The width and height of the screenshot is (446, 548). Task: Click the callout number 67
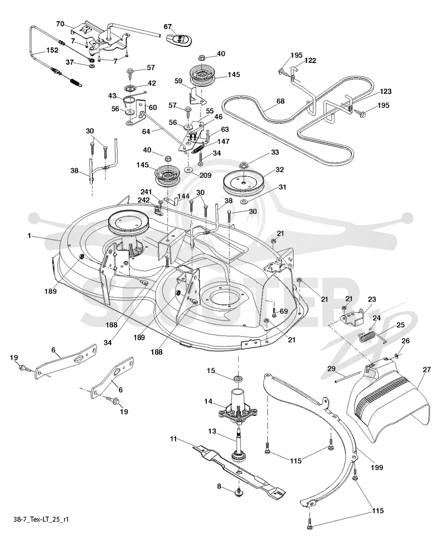pos(168,27)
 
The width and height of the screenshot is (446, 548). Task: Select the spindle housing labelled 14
pos(237,405)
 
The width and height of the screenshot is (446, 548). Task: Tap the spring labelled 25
pos(368,338)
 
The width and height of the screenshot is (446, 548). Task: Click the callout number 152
pos(52,50)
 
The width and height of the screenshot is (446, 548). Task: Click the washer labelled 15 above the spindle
pos(239,379)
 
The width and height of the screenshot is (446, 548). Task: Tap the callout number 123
pos(385,91)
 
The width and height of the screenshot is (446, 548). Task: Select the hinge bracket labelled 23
pos(352,317)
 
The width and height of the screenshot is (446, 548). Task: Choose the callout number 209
pos(205,175)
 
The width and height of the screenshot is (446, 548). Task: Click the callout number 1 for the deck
pos(30,236)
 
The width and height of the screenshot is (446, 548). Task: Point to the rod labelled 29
pos(348,377)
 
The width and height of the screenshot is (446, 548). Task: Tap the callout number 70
pos(60,24)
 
